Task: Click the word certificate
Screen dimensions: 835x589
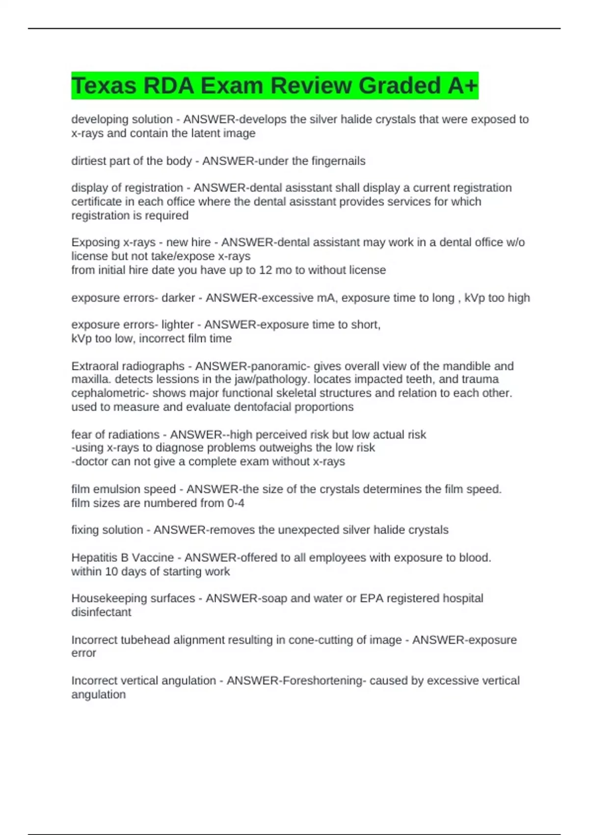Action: coord(96,201)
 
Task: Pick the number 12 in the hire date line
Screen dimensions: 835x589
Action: coord(266,270)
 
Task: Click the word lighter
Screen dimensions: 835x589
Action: coord(177,325)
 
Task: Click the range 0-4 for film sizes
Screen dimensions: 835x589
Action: coord(236,503)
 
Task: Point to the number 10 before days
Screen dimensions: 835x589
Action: coord(111,572)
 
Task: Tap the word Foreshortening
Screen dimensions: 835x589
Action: coord(322,681)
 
